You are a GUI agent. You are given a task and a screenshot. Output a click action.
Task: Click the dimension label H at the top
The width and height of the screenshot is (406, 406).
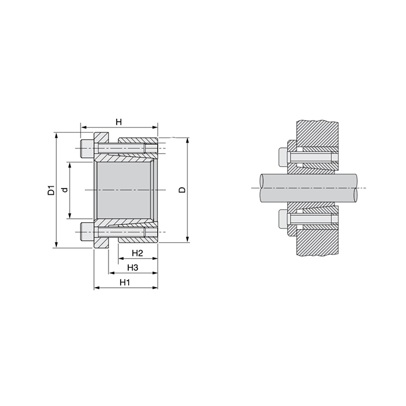point(118,122)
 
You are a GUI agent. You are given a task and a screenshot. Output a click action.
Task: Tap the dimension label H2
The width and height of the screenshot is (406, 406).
point(137,253)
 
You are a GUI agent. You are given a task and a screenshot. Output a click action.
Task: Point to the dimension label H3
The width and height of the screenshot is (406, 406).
point(132,267)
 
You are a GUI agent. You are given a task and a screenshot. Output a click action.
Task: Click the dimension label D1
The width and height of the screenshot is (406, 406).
point(50,190)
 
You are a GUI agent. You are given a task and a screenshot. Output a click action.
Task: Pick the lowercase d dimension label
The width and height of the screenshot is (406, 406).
point(65,190)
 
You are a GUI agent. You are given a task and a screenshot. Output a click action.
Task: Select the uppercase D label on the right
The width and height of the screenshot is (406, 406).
point(182,190)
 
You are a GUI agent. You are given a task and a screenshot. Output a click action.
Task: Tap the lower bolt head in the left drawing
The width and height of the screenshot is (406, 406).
point(86,233)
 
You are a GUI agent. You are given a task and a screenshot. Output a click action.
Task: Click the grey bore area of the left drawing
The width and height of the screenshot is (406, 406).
point(125,190)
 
